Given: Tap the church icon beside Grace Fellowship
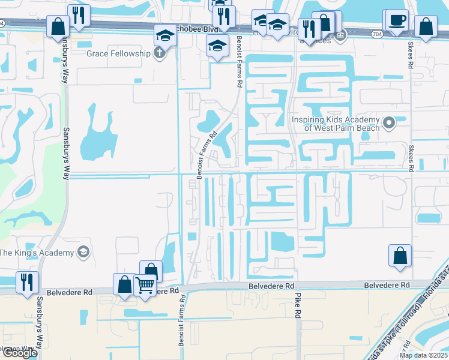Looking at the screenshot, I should tap(158, 53).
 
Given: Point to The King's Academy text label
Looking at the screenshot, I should tap(37, 252).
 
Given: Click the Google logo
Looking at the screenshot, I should tap(19, 353).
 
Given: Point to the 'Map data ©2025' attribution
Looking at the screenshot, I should tap(423, 355).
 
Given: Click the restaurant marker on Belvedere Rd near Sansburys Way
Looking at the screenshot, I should tap(27, 281).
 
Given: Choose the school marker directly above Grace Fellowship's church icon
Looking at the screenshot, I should tap(164, 34).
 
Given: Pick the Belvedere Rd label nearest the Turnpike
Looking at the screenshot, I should tap(387, 284).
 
